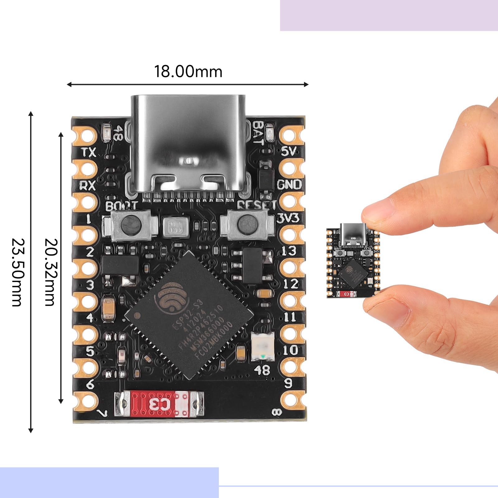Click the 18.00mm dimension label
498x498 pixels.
pos(188,72)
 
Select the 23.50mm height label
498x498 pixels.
pos(17,272)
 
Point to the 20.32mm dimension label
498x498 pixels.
pos(50,272)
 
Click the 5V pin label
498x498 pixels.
pos(289,152)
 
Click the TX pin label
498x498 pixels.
pos(89,152)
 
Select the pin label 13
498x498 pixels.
pos(289,251)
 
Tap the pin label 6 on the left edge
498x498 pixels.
pos(90,384)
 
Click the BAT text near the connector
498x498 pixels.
pos(258,133)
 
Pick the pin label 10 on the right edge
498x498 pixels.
pos(290,350)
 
